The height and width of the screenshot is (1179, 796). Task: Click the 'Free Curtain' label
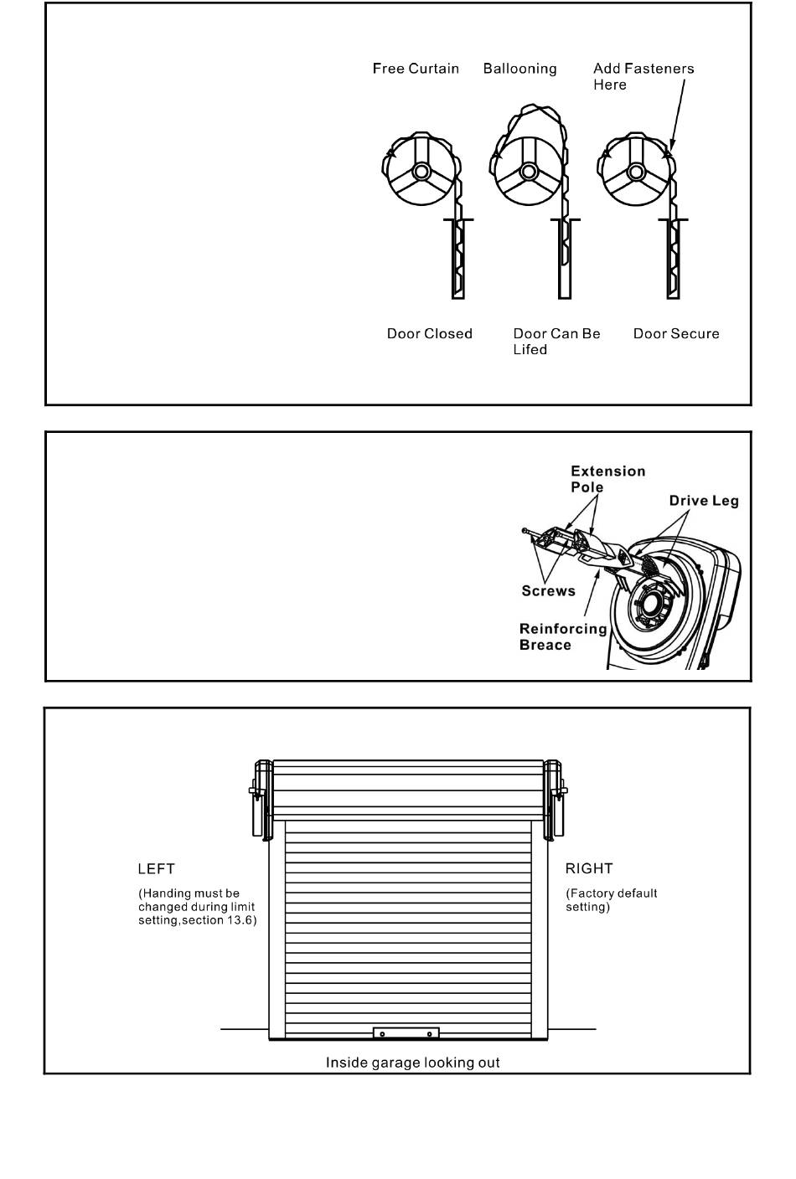point(416,69)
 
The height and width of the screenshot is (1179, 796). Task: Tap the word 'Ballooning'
point(520,69)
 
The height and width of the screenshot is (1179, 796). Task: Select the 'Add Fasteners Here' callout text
point(644,76)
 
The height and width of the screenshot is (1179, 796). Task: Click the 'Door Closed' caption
point(429,334)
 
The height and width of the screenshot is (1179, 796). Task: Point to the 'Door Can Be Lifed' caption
point(557,342)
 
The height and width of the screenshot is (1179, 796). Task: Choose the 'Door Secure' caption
point(676,334)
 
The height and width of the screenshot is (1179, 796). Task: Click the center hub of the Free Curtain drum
point(421,172)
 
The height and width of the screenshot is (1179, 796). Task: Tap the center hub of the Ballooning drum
point(528,172)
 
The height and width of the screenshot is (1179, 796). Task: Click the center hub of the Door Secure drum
point(636,172)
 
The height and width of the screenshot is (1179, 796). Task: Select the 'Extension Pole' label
point(608,479)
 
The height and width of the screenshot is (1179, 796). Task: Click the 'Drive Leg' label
point(704,501)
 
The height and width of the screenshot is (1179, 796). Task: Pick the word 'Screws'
point(549,590)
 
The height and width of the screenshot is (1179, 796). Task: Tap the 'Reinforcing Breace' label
point(563,637)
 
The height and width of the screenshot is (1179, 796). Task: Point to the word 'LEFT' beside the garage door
point(156,868)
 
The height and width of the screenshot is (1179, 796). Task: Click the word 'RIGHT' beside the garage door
point(589,868)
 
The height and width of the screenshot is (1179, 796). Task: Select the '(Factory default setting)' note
point(611,900)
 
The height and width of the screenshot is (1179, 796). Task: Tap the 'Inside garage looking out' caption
point(412,1063)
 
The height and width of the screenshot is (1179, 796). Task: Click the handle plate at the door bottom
point(406,1034)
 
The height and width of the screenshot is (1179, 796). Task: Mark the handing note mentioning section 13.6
point(198,907)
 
